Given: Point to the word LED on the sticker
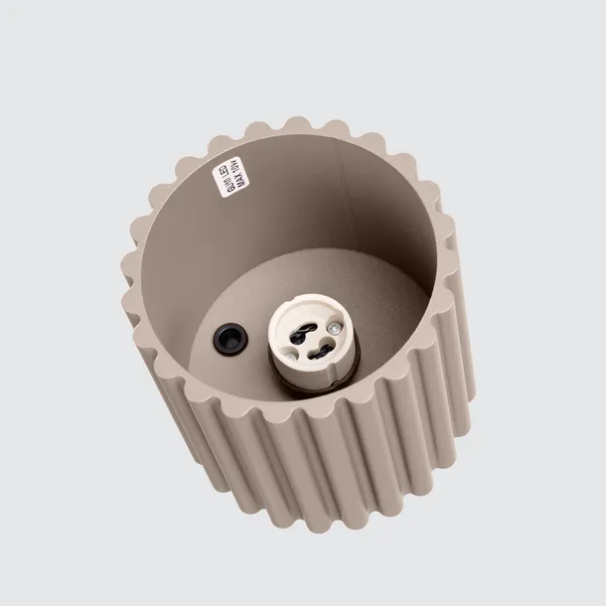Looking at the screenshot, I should tap(230, 161).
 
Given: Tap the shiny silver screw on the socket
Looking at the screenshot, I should tap(338, 325).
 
